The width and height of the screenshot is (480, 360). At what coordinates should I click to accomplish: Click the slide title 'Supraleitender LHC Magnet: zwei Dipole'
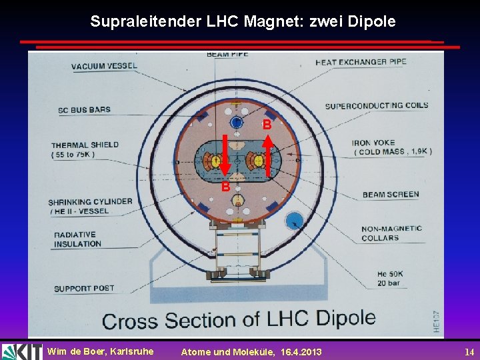pos(243,21)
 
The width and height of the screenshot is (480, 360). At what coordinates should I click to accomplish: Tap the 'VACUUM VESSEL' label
pos(104,66)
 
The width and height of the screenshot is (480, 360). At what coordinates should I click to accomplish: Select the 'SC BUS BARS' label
pos(84,110)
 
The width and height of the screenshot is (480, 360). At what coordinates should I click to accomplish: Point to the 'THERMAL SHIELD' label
pos(85,145)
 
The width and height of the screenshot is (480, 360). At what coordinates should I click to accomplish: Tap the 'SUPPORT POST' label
pos(84,289)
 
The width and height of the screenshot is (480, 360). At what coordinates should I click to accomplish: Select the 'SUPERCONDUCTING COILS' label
pos(377,105)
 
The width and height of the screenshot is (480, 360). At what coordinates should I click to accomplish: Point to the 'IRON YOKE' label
pos(374,143)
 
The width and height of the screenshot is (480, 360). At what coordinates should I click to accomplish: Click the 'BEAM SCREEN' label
pos(391,195)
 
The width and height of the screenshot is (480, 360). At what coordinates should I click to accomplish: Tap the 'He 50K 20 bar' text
pos(389,278)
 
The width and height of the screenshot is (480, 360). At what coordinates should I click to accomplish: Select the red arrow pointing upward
pos(267,155)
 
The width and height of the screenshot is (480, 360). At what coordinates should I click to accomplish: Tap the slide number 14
pos(469,352)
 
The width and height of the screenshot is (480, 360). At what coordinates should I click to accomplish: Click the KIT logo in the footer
pos(21,351)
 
